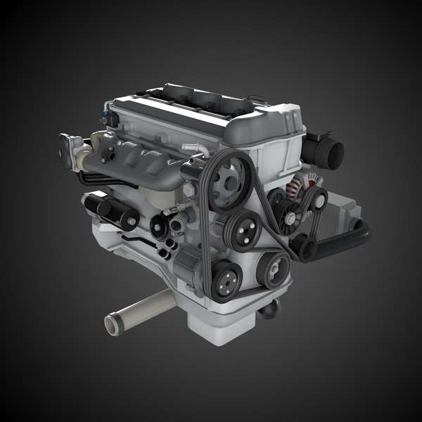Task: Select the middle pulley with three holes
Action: [245, 229]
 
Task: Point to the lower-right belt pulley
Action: [274, 267]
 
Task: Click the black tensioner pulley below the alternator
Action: [304, 247]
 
